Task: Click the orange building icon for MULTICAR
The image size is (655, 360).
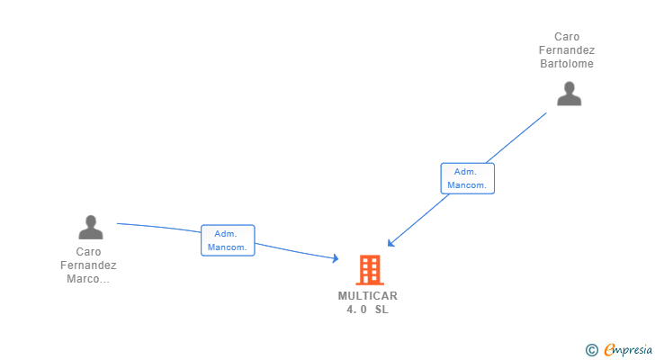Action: coord(369,269)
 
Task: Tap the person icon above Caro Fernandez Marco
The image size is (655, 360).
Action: coord(90,227)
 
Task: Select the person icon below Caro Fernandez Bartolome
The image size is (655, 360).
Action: coord(569,94)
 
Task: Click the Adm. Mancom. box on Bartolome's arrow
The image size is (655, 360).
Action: coord(467,178)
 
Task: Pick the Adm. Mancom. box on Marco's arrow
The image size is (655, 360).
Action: coord(228,240)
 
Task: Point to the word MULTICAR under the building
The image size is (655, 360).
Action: coord(367,296)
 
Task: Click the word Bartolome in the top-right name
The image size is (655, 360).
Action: coord(567,64)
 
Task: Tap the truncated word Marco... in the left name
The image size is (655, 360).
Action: coord(88,279)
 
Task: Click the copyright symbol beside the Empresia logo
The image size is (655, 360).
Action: coord(591,349)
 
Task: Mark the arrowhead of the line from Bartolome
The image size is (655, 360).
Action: coord(390,244)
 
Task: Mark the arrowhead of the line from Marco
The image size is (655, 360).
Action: coord(335,259)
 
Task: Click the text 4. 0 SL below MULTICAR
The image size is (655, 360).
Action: coord(367,310)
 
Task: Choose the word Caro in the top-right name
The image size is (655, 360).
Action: coord(567,37)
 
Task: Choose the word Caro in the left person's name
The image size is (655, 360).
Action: coord(88,252)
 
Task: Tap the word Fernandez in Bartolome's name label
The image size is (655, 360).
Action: coord(567,50)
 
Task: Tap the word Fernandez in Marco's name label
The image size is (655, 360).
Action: coord(88,265)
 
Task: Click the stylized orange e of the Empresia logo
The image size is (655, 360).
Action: coord(610,349)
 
